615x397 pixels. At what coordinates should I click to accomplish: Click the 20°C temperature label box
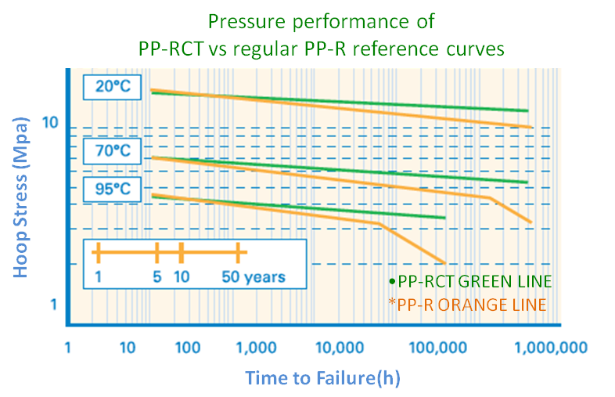pyautogui.click(x=112, y=87)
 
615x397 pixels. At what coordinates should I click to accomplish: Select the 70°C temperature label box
pyautogui.click(x=112, y=149)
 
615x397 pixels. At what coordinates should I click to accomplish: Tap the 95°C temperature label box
pyautogui.click(x=112, y=189)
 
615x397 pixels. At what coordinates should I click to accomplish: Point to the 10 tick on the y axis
pyautogui.click(x=50, y=123)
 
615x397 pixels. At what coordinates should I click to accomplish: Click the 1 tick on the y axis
pyautogui.click(x=54, y=305)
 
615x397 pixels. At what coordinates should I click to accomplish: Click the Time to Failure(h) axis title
pyautogui.click(x=323, y=378)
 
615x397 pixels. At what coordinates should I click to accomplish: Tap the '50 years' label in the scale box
pyautogui.click(x=254, y=277)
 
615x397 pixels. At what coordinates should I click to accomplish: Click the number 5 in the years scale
pyautogui.click(x=157, y=277)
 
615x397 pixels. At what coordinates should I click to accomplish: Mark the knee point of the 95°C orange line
pyautogui.click(x=380, y=224)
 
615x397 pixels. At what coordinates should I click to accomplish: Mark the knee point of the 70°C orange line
pyautogui.click(x=493, y=200)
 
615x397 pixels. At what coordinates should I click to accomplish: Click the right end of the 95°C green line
pyautogui.click(x=444, y=218)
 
